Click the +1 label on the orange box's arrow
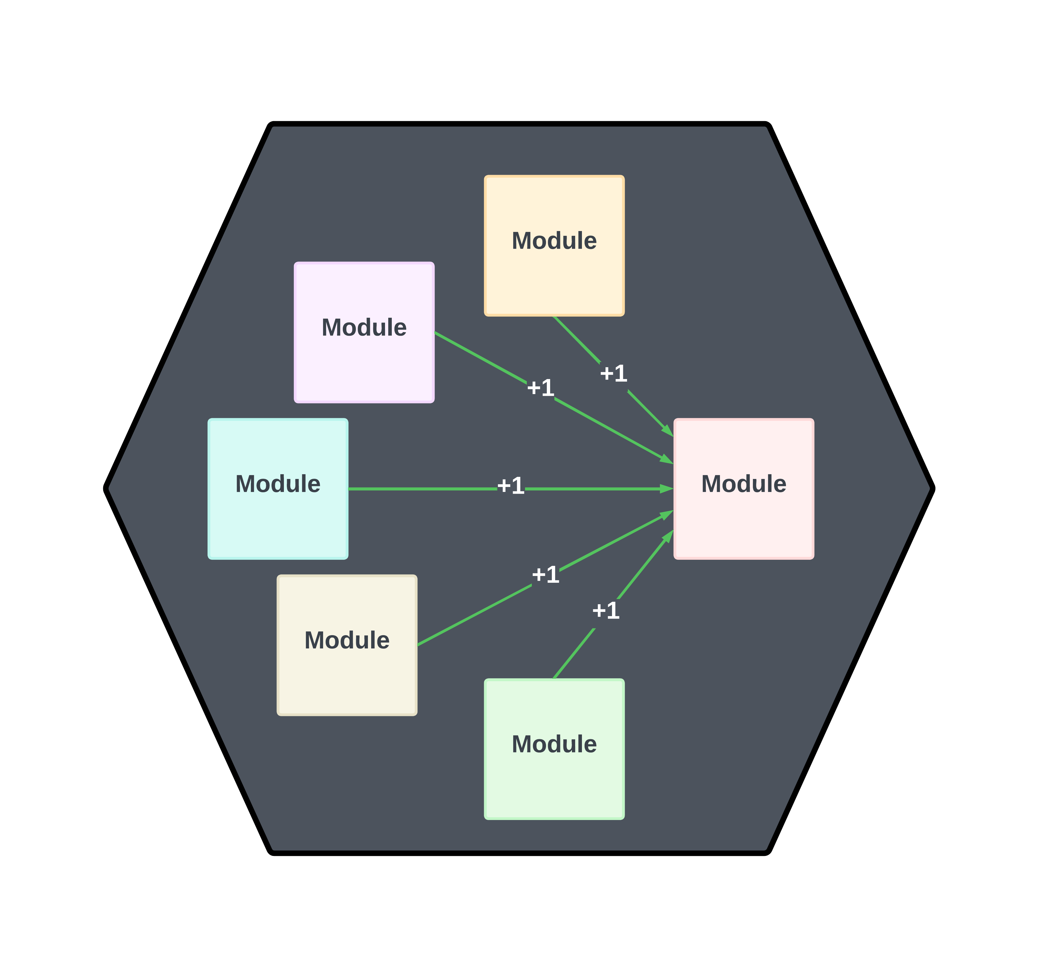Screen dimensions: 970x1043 click(613, 373)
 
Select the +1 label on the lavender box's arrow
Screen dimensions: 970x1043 click(540, 388)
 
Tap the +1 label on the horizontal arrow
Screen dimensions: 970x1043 click(511, 486)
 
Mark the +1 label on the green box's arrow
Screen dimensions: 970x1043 click(606, 611)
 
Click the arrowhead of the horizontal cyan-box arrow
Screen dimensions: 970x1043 click(667, 489)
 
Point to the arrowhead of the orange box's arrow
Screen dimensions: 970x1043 click(668, 431)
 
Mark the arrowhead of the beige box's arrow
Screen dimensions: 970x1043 click(667, 514)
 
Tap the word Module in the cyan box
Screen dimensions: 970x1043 click(278, 484)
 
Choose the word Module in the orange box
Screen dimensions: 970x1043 click(554, 241)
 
